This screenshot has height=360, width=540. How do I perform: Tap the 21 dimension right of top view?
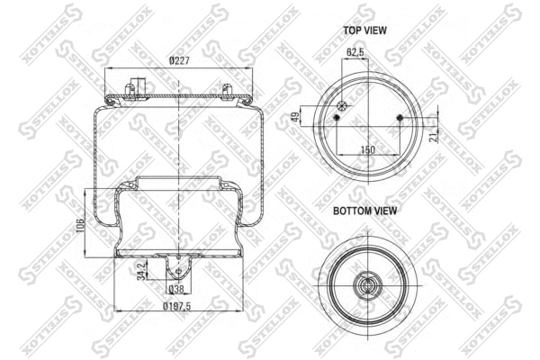(435, 134)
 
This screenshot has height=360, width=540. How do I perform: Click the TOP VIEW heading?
(364, 30)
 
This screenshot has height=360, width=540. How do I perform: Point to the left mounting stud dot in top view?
(335, 118)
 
